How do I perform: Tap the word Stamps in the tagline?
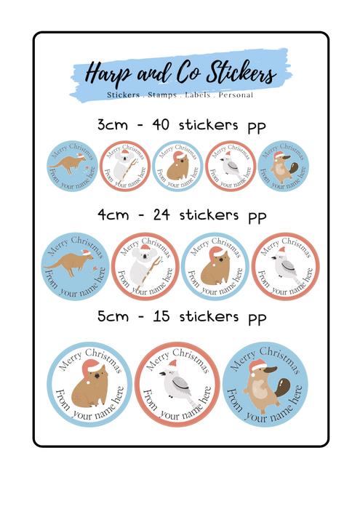point(162,95)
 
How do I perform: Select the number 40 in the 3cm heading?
point(161,124)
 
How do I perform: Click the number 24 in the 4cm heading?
point(161,215)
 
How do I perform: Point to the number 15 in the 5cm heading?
point(161,316)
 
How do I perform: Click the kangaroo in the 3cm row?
point(67,163)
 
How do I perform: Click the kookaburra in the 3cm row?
point(229,165)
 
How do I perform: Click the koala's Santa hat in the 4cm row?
point(145,249)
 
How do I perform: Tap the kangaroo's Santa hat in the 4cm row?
point(86,252)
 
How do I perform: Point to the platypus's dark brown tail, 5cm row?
point(282,386)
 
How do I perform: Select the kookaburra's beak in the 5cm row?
point(163,374)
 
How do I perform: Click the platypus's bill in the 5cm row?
point(270,370)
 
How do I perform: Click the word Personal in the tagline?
point(236,95)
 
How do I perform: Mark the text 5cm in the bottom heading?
point(113,316)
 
